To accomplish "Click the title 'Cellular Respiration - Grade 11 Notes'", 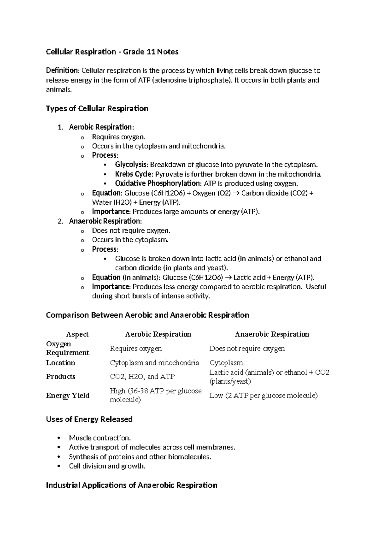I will [x=112, y=52].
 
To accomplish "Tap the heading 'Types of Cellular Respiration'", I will [x=97, y=109].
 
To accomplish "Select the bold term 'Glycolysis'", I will [x=131, y=165].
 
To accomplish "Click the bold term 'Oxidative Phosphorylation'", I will [x=157, y=183].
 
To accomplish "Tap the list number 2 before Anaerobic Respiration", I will [x=60, y=221].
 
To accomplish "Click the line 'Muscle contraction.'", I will [x=100, y=438].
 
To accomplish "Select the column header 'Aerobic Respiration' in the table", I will [x=158, y=334].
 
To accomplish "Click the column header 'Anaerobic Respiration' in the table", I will [x=272, y=334].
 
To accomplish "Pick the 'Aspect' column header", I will [x=77, y=334].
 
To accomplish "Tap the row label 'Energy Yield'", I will [x=68, y=396].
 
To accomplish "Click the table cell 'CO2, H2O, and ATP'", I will [x=142, y=377].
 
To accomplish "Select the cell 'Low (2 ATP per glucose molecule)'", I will [x=263, y=396].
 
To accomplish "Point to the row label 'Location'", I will [x=61, y=363].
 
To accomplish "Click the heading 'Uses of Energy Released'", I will [x=89, y=419].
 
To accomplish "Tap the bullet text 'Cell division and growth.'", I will [x=107, y=466].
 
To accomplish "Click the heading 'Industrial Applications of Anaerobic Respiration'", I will [x=131, y=485].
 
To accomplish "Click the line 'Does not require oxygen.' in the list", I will [x=131, y=230].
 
